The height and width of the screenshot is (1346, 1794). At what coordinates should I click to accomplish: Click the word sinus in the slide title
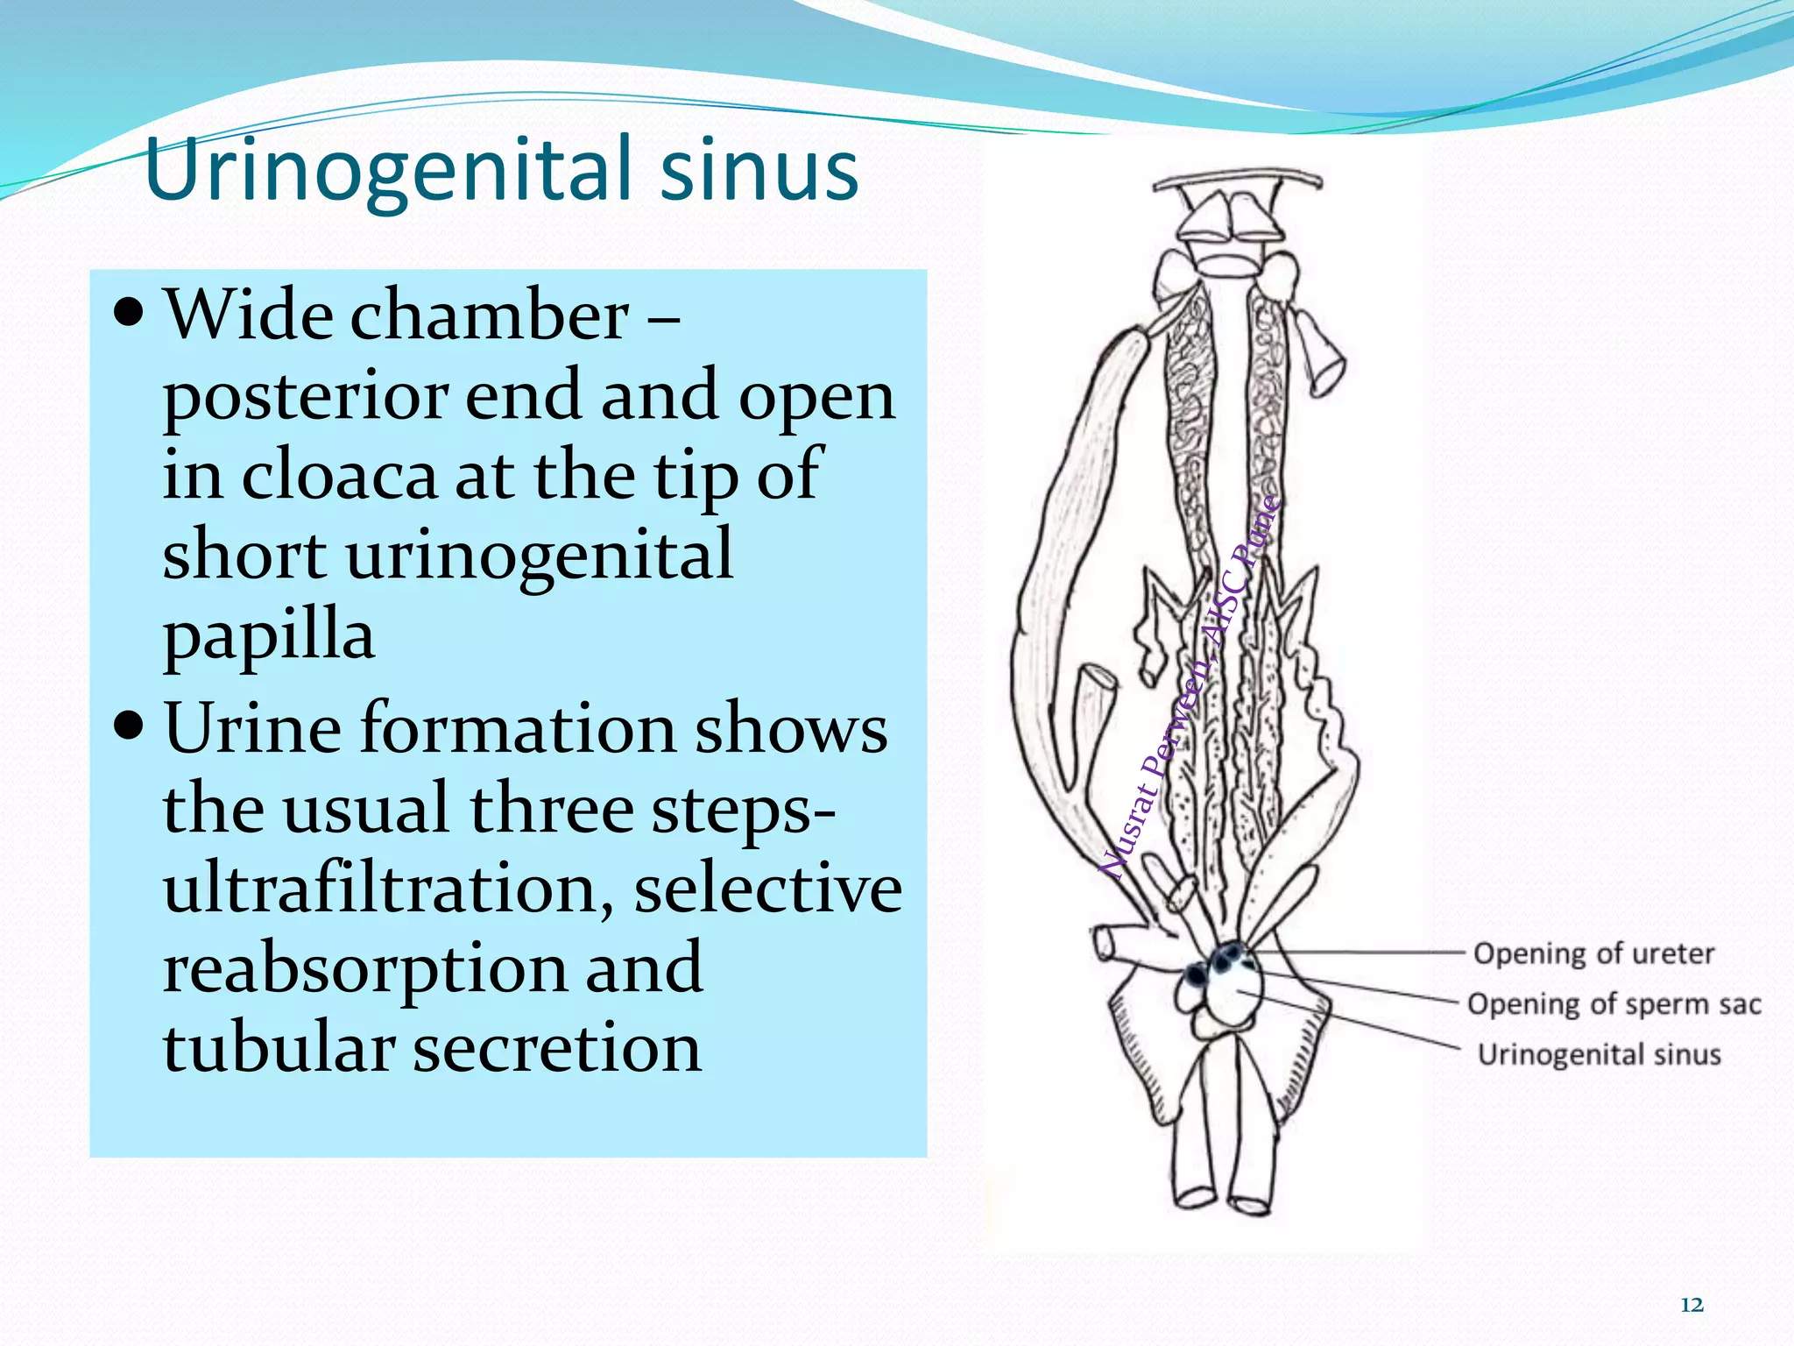(x=759, y=169)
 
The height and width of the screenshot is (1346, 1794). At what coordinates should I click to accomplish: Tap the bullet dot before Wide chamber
(x=129, y=313)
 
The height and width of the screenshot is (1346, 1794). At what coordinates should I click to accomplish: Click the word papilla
(x=268, y=635)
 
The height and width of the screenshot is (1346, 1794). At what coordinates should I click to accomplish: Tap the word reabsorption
(x=364, y=968)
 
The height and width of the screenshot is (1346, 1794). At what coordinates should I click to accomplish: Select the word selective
(x=767, y=889)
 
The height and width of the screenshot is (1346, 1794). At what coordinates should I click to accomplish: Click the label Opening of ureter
(x=1593, y=953)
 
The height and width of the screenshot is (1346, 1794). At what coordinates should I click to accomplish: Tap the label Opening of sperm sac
(x=1614, y=1004)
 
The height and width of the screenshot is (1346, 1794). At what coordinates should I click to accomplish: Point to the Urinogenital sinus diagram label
(x=1599, y=1054)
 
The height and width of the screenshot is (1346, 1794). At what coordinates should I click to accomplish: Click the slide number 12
(x=1692, y=1305)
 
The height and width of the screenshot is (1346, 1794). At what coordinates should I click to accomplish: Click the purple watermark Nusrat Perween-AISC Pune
(x=1189, y=688)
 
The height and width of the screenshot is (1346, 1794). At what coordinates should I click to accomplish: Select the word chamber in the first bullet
(x=489, y=315)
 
